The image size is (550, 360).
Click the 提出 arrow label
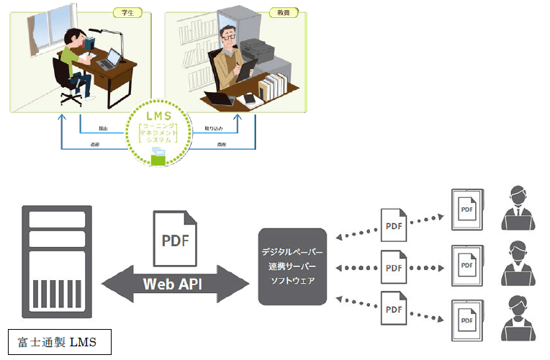pyautogui.click(x=104, y=129)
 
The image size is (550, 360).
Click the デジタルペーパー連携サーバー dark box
pyautogui.click(x=292, y=264)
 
